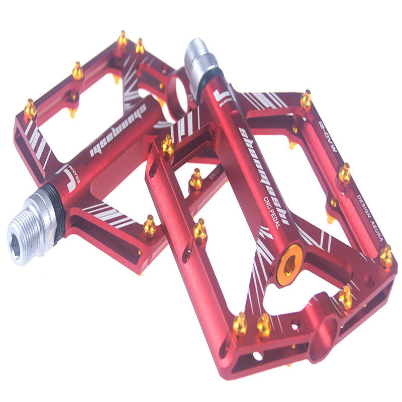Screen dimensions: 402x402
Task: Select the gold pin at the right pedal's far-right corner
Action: click(386, 257)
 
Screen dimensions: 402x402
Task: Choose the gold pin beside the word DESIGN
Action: click(344, 174)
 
